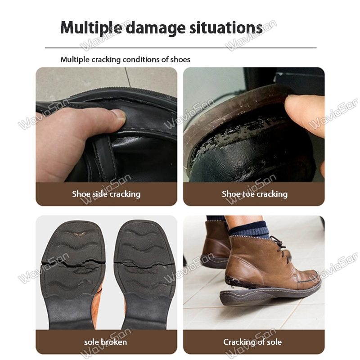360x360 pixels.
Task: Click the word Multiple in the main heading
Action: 91,28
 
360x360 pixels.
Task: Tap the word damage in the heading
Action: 155,28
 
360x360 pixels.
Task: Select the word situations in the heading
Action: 226,27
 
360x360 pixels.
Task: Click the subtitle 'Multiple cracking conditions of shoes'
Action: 126,60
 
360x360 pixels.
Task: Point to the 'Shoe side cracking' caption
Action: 106,194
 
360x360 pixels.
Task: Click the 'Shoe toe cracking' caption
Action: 255,194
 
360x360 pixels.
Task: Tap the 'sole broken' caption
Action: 106,342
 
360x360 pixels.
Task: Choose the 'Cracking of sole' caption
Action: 252,342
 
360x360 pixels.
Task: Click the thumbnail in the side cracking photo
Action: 118,114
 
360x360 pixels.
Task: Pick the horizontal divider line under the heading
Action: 181,48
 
